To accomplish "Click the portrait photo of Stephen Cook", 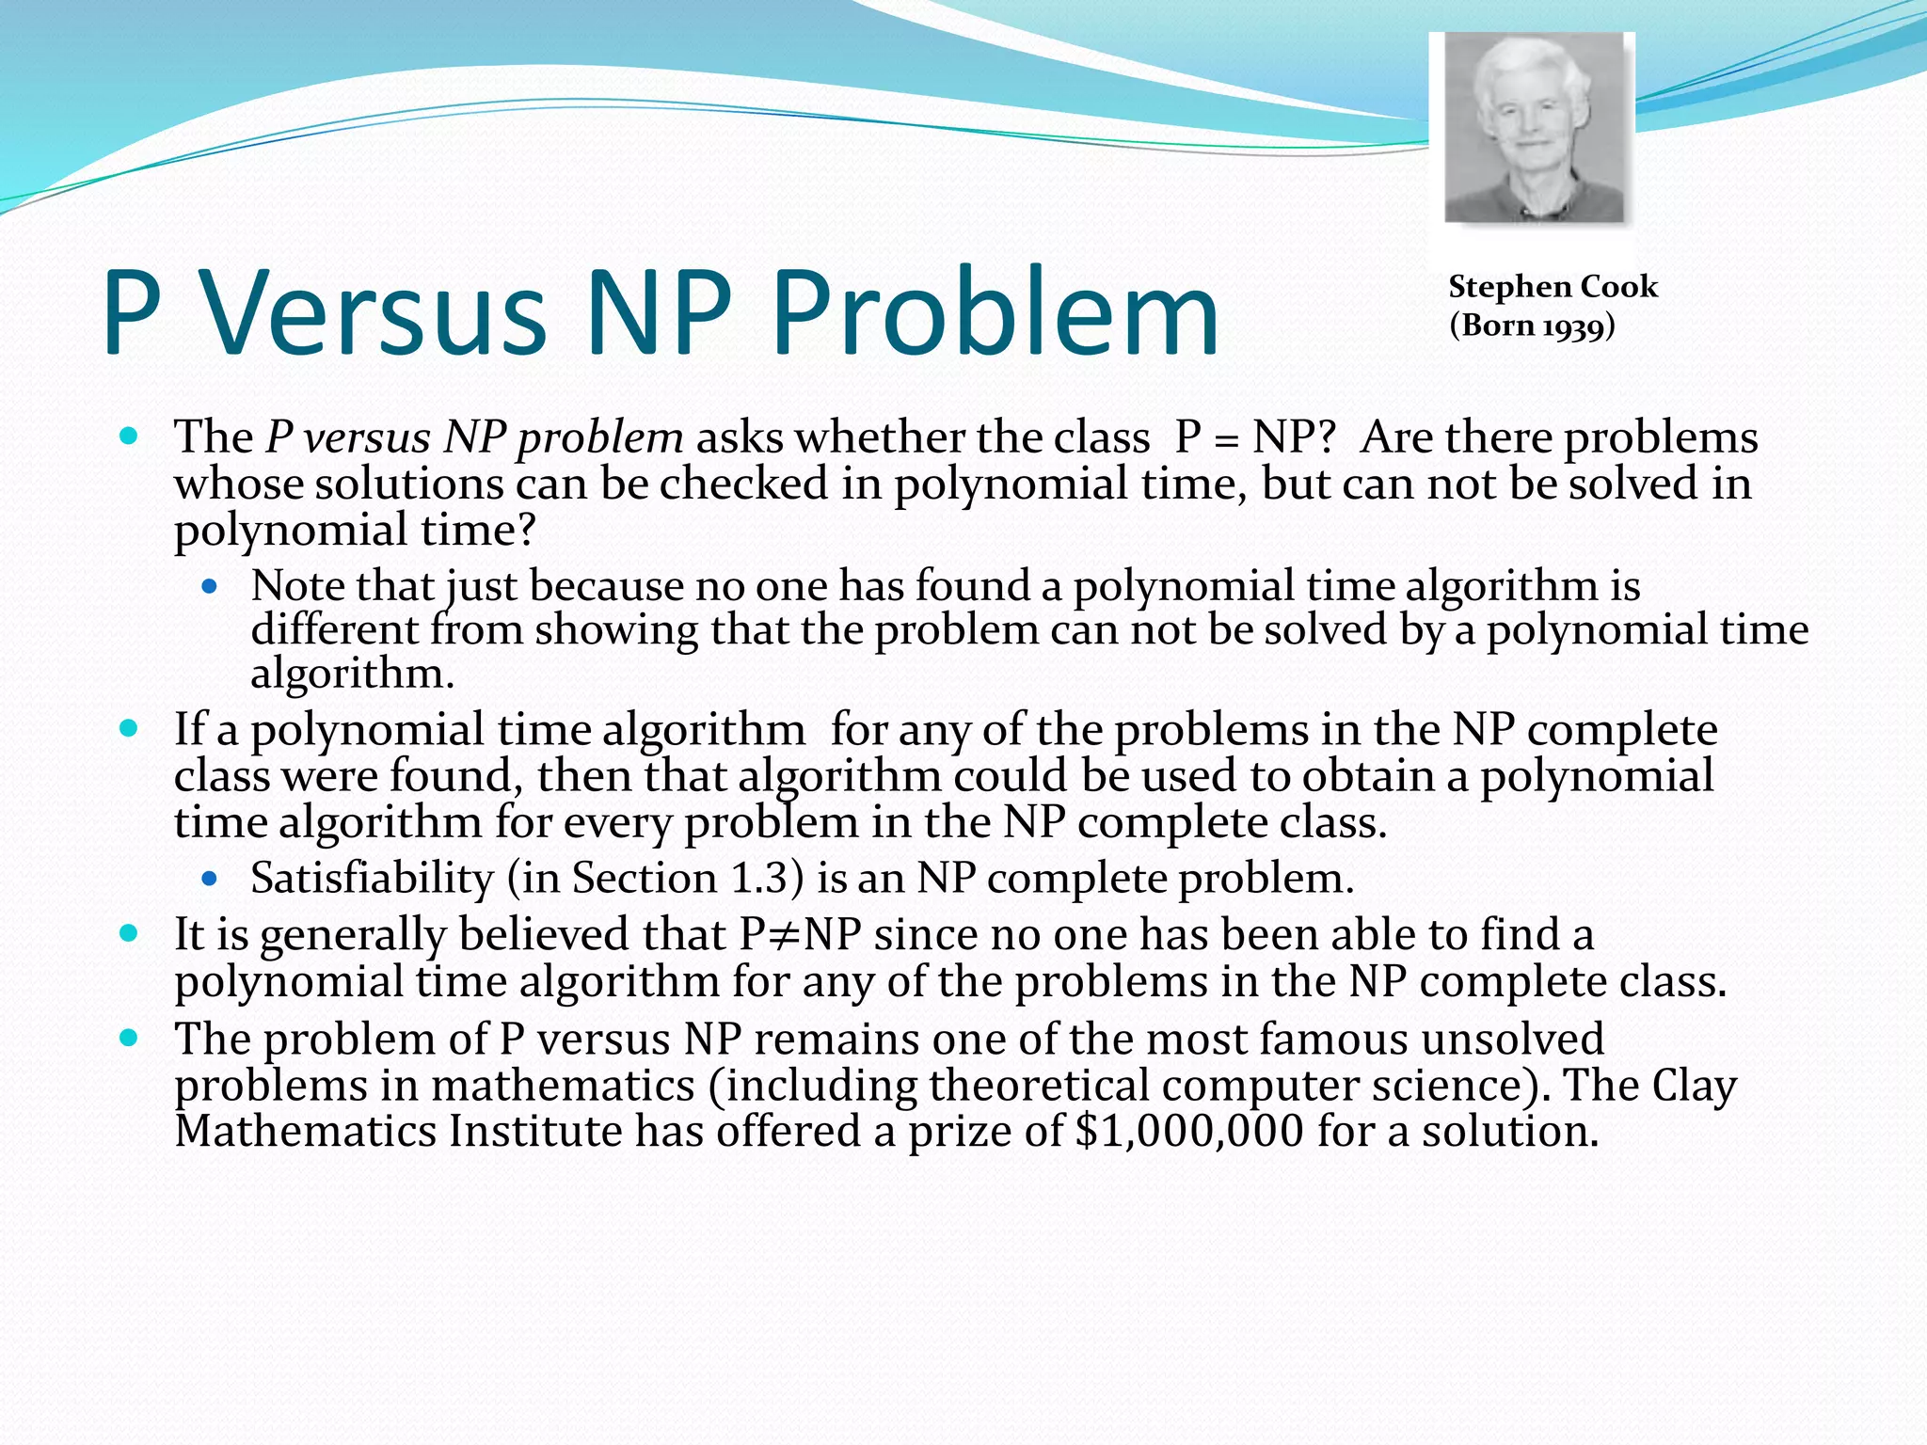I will pyautogui.click(x=1534, y=128).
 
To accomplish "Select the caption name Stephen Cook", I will pyautogui.click(x=1553, y=287).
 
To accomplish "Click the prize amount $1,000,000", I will pyautogui.click(x=1189, y=1131).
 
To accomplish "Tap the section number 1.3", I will pyautogui.click(x=761, y=879).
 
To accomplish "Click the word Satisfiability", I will pyautogui.click(x=372, y=879).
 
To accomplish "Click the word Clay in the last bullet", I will pyautogui.click(x=1694, y=1086).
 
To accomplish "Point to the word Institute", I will pyautogui.click(x=534, y=1131).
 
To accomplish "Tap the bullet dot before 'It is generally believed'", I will pyautogui.click(x=130, y=934).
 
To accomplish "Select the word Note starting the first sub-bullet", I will pyautogui.click(x=296, y=586).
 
